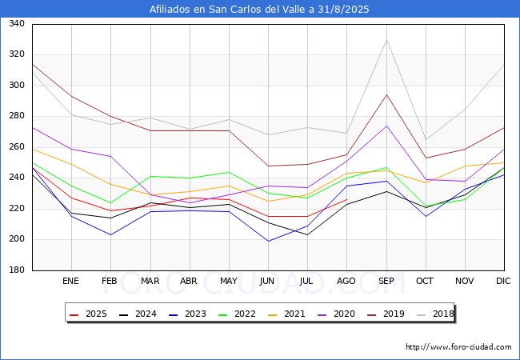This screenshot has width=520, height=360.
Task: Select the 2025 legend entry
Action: click(89, 314)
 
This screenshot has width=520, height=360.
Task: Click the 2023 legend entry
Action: click(187, 314)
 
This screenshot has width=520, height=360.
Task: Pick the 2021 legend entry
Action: click(286, 314)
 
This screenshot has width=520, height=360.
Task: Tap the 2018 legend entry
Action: click(435, 314)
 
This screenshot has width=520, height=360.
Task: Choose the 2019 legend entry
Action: click(386, 314)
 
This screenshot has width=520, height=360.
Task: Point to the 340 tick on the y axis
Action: click(17, 23)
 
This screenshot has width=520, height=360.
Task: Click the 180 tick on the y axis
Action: click(17, 270)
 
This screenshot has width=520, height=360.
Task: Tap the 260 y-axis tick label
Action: click(17, 147)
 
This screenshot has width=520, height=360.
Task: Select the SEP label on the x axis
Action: click(386, 281)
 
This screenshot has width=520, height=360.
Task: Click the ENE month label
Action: click(70, 281)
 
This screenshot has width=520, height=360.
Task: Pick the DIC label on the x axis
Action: click(503, 281)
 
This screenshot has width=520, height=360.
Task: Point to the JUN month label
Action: click(267, 281)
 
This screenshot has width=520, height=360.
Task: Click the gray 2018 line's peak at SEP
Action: click(386, 40)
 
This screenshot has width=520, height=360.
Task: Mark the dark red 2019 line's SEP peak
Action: click(386, 95)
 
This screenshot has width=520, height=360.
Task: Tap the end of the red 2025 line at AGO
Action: click(347, 199)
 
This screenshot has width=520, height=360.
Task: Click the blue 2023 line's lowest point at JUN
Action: click(268, 241)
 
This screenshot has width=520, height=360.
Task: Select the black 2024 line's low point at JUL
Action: click(307, 234)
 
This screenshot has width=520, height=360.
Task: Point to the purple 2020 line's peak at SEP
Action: click(386, 126)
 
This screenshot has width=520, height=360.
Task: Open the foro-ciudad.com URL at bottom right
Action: click(458, 347)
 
